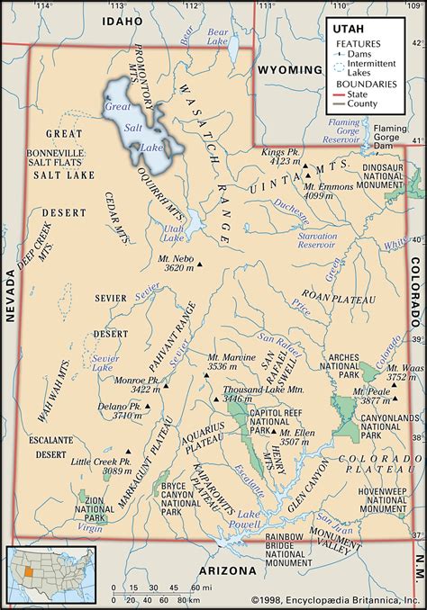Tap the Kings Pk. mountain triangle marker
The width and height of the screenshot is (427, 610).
pyautogui.click(x=305, y=166)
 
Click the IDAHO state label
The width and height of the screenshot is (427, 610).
pyautogui.click(x=123, y=20)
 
